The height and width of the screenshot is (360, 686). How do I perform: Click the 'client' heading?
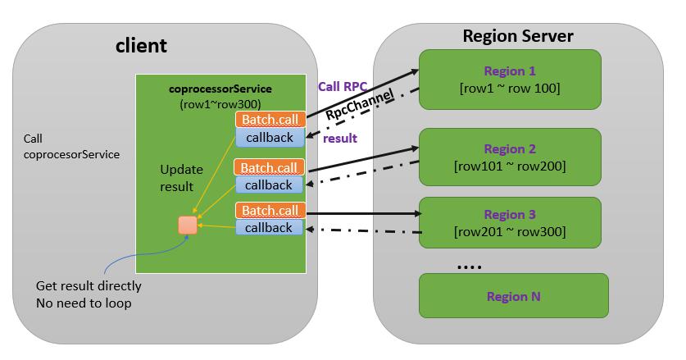click(140, 46)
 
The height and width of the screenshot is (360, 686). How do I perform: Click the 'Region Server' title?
click(518, 36)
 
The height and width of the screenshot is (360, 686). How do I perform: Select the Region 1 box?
click(510, 79)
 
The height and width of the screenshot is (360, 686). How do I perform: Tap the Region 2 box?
click(510, 157)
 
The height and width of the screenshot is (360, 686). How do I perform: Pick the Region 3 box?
click(510, 223)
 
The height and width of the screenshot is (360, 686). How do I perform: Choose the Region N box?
click(513, 295)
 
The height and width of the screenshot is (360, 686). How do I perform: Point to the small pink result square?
click(188, 225)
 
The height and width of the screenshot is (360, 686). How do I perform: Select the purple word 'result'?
click(340, 138)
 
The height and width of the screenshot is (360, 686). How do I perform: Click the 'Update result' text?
click(177, 178)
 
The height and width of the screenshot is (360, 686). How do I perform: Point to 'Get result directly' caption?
click(89, 286)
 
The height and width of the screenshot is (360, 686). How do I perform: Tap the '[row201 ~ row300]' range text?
click(510, 232)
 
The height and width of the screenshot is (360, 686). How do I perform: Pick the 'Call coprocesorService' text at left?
click(72, 146)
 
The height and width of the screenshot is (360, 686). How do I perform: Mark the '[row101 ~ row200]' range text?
click(510, 166)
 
